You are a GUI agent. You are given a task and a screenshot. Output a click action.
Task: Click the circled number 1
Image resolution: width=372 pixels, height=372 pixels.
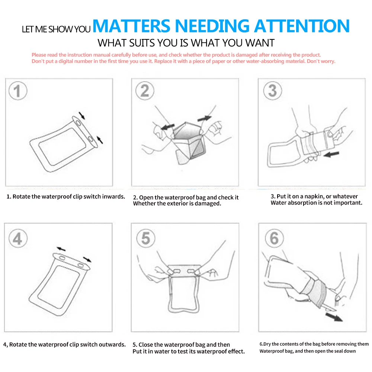click(x=18, y=91)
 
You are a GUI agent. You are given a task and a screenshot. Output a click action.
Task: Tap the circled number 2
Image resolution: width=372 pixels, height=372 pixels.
click(x=145, y=91)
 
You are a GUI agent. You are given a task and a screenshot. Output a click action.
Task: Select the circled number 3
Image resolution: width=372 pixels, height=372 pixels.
click(x=273, y=91)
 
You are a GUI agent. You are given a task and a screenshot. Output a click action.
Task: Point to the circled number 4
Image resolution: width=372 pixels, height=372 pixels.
click(x=18, y=238)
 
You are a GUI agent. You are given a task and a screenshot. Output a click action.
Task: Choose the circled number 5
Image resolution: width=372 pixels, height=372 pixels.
click(x=146, y=238)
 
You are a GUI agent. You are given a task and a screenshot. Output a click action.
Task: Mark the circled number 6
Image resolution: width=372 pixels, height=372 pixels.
click(x=274, y=238)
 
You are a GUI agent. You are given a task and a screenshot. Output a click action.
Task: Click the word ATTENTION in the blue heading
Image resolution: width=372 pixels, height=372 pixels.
click(x=302, y=26)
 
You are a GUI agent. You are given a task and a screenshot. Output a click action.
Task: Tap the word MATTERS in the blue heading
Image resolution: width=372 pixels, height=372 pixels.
click(x=131, y=26)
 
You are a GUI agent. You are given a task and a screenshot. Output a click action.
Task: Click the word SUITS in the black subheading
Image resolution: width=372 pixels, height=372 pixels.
click(x=142, y=43)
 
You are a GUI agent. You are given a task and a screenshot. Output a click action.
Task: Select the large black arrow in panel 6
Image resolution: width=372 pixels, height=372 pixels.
click(x=334, y=317)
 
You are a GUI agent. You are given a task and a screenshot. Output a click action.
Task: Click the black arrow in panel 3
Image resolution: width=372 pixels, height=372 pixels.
click(x=331, y=154)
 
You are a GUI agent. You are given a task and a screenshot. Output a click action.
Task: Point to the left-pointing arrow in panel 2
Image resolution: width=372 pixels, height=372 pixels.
click(x=167, y=127)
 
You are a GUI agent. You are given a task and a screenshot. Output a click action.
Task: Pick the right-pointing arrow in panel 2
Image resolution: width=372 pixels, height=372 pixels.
click(x=204, y=118)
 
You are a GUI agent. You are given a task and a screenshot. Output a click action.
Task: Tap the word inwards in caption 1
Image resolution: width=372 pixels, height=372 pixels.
click(x=113, y=196)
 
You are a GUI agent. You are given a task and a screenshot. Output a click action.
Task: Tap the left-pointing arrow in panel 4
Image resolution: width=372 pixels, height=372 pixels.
click(x=61, y=249)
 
